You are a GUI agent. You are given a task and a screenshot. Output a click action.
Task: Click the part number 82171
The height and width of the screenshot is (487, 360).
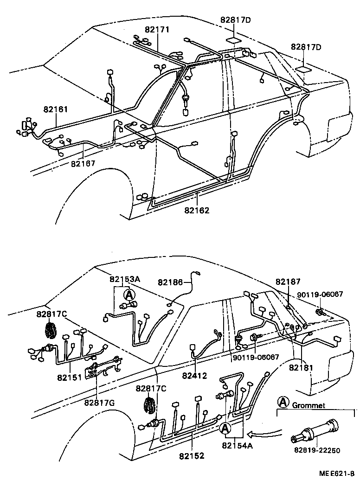157,30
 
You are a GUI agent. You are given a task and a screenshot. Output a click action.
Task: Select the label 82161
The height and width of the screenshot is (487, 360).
56,109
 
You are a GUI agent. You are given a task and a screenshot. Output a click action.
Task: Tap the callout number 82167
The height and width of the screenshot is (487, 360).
83,163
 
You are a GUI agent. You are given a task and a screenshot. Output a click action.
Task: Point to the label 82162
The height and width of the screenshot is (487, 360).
197,210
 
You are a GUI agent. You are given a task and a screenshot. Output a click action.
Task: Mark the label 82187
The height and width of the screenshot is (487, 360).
288,282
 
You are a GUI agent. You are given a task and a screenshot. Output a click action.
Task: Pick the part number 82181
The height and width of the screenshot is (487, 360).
302,367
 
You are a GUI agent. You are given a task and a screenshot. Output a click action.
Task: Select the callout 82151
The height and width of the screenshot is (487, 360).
70,377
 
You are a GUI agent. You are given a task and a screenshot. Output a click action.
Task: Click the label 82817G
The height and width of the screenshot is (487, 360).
100,402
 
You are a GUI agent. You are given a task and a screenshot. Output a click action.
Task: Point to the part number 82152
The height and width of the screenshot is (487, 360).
192,456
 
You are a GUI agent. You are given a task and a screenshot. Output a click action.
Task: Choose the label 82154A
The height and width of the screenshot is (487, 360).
238,446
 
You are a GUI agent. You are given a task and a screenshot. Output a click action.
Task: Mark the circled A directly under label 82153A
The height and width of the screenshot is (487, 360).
128,295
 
